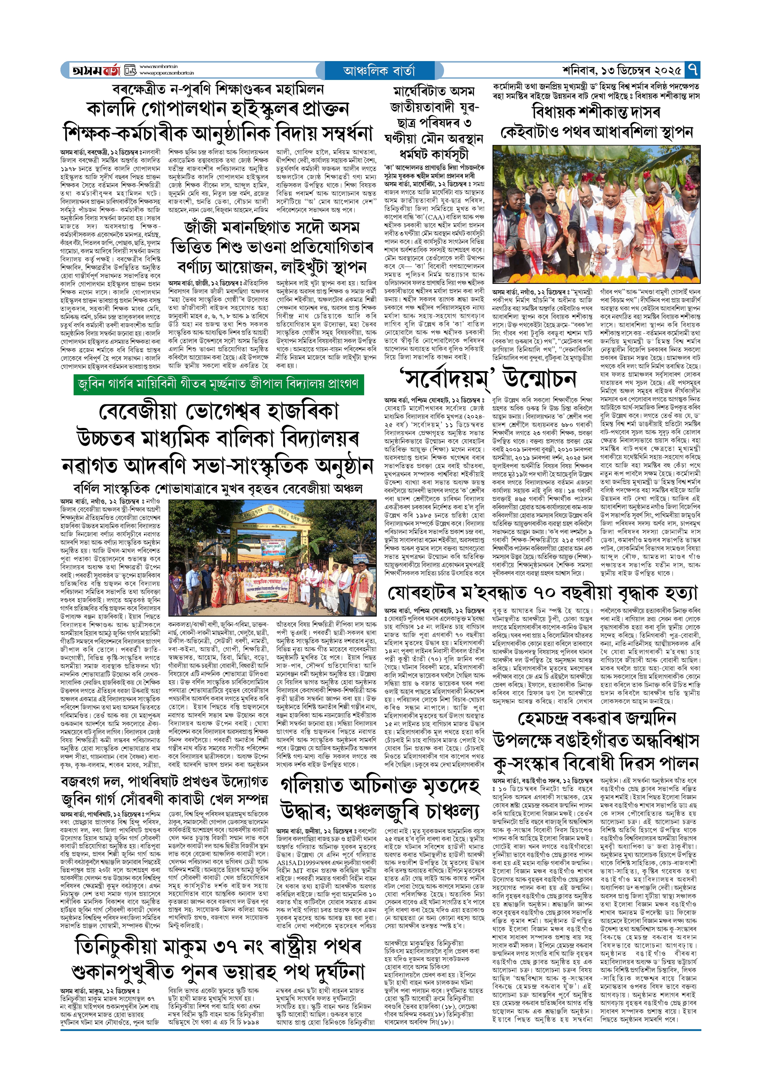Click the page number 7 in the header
(x=692, y=70)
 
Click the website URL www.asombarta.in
(x=158, y=67)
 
